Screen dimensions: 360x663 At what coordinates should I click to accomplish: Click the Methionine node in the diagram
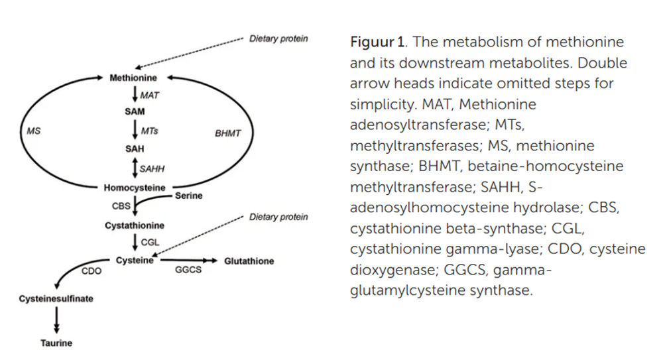(133, 78)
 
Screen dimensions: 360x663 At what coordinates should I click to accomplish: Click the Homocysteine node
(135, 188)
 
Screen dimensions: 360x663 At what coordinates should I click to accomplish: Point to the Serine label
(188, 196)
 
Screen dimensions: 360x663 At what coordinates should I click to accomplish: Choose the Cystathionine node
(135, 226)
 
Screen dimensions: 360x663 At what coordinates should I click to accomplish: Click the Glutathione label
(249, 261)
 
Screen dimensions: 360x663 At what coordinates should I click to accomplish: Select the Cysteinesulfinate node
(56, 299)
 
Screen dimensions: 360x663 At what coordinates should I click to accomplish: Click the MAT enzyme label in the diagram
(150, 95)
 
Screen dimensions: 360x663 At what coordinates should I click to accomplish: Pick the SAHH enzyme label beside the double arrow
(152, 169)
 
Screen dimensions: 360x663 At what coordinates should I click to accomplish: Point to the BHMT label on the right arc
(228, 133)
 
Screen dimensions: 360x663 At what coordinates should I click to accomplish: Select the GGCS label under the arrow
(188, 270)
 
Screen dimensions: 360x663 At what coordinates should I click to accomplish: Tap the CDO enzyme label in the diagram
(91, 270)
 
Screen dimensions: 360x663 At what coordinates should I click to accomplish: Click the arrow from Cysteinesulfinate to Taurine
(56, 321)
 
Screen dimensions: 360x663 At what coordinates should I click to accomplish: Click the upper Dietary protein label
(278, 38)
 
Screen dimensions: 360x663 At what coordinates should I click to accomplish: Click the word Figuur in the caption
(369, 42)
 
